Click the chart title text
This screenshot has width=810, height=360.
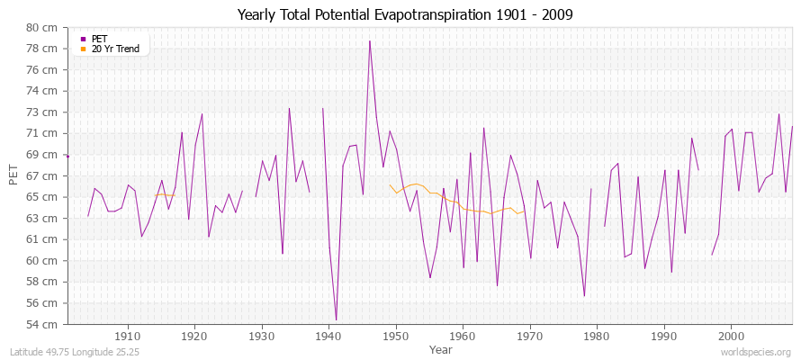404,14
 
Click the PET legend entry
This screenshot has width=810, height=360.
99,39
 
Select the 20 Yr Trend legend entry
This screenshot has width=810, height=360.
115,49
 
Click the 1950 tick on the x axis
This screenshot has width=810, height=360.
395,335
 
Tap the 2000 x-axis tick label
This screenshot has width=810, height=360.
731,335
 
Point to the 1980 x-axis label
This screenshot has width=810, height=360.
597,335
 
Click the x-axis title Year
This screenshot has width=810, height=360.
441,348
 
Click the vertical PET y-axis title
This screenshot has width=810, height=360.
13,175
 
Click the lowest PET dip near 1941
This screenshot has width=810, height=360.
336,319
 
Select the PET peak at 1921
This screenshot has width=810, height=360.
202,114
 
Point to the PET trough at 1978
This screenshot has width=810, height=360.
584,296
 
